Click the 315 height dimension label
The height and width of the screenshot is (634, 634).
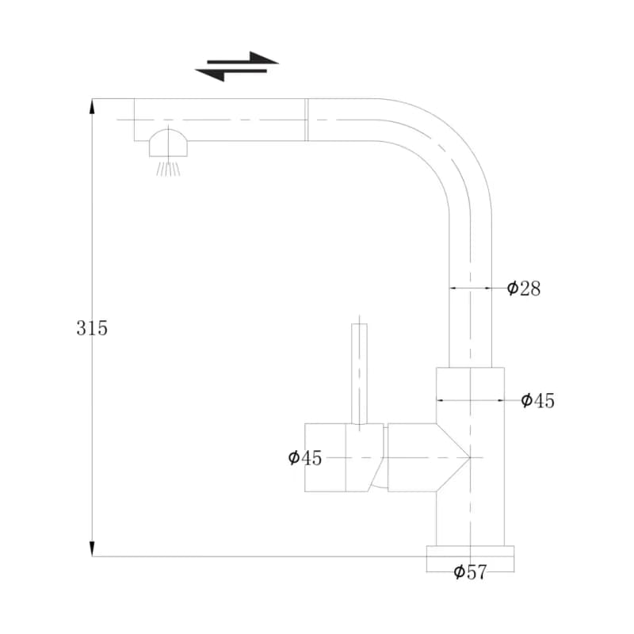click(x=92, y=328)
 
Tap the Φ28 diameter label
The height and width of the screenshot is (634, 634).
click(x=524, y=288)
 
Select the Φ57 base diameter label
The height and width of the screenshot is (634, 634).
click(x=470, y=572)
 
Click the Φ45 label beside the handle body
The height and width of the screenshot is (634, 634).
click(x=305, y=458)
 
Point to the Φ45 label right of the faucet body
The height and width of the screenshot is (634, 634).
click(x=538, y=400)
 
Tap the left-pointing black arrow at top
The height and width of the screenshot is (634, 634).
click(x=231, y=74)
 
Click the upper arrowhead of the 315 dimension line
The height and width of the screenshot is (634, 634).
click(x=92, y=106)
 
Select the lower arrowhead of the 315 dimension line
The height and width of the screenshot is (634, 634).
click(x=92, y=548)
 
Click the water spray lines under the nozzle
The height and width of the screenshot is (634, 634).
click(x=168, y=169)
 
